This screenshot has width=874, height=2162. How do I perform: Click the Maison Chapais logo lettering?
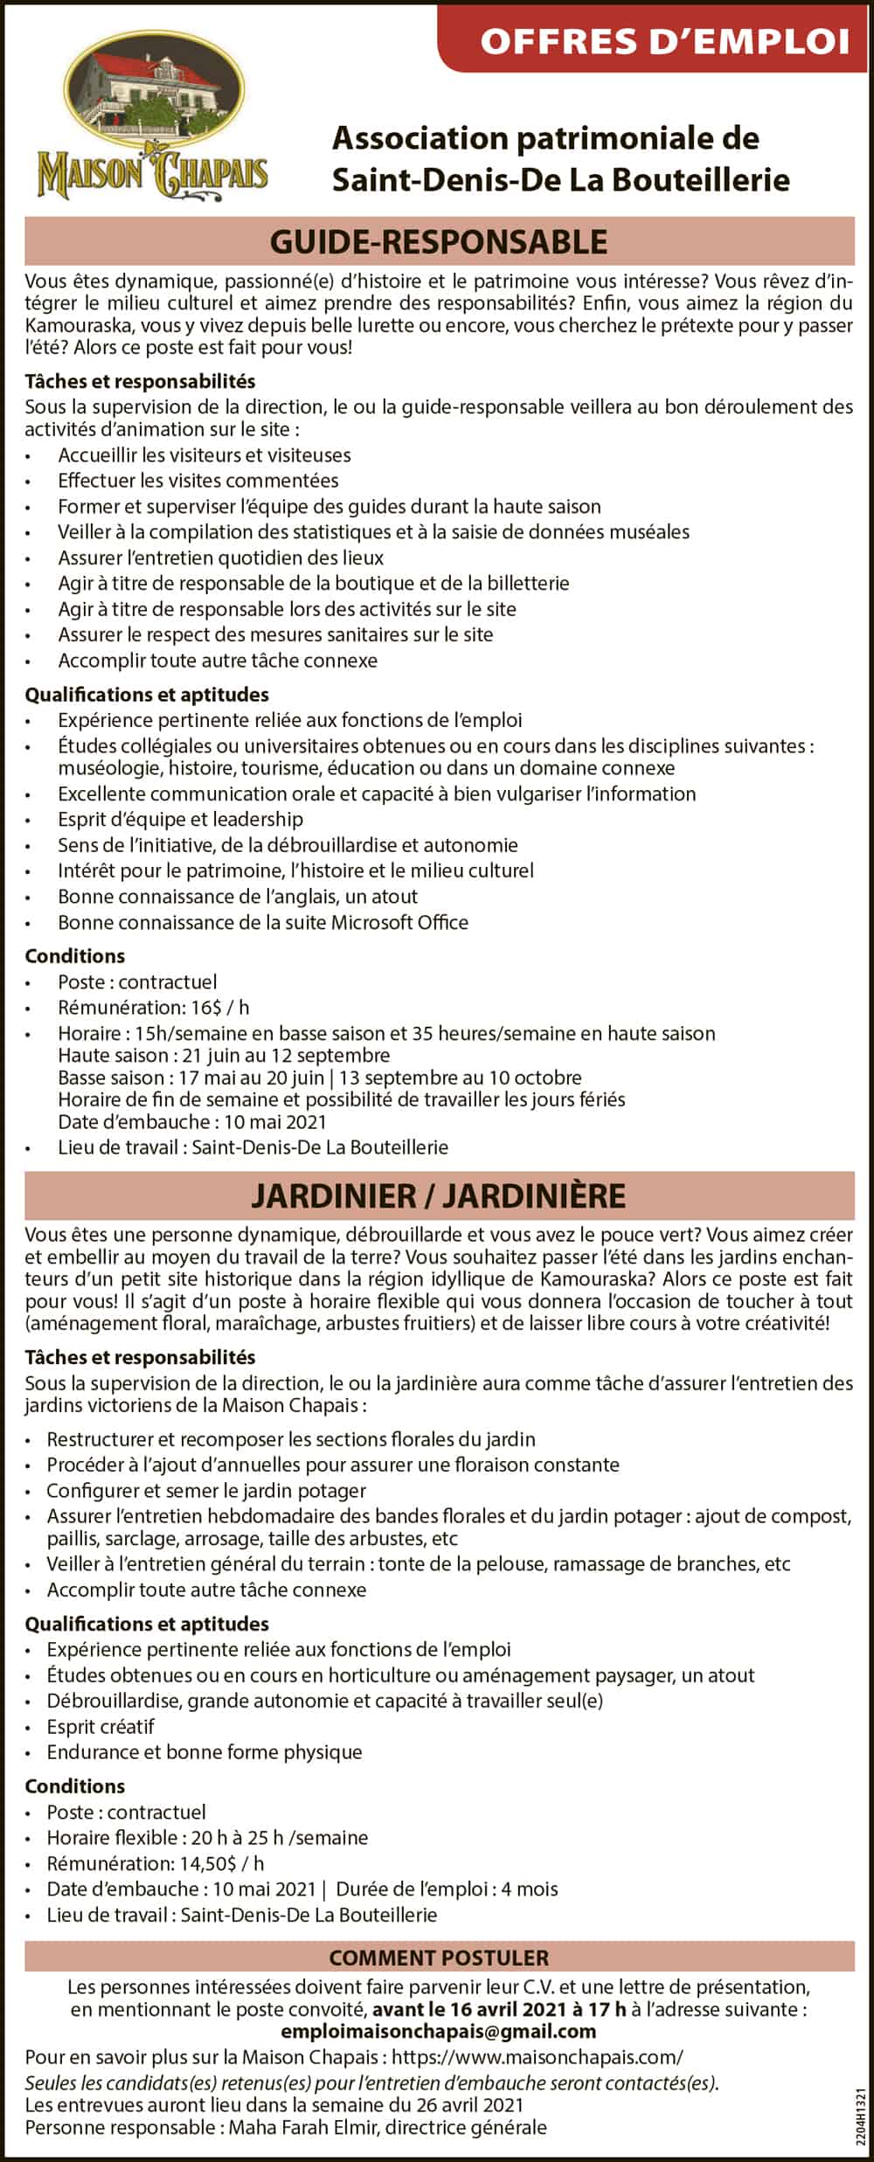152,174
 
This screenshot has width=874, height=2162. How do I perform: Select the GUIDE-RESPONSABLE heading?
439,242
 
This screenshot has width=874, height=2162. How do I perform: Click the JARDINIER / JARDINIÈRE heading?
439,1195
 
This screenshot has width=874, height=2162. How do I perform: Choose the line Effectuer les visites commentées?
198,481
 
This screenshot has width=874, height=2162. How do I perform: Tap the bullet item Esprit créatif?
101,1727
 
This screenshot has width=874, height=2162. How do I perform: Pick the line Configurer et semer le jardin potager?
206,1491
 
